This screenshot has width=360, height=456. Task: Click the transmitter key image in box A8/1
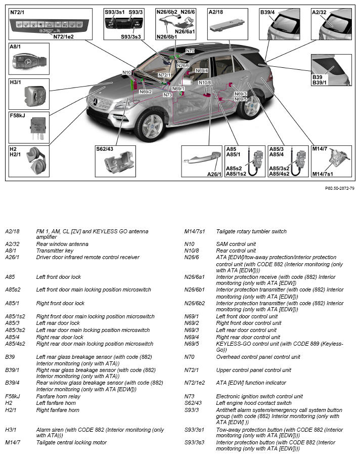click(29, 62)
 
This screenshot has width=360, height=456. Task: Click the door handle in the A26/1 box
click(202, 158)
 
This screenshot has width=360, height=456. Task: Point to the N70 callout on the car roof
click(190, 51)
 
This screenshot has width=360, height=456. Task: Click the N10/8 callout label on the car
click(205, 82)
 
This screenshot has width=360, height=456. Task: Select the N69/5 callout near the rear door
click(241, 99)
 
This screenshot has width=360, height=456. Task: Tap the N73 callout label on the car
click(168, 95)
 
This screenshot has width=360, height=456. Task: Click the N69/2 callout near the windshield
click(146, 92)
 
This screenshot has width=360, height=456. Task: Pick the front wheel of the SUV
click(151, 126)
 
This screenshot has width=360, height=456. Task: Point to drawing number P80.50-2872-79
click(340, 188)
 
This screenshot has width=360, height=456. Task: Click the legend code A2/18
click(12, 231)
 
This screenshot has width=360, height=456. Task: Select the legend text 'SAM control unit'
click(236, 244)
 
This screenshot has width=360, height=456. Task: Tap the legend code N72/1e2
click(194, 383)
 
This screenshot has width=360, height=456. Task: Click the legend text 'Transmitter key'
click(55, 251)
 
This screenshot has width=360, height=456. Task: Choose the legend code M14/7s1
click(194, 231)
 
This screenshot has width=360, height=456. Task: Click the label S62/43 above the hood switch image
click(105, 149)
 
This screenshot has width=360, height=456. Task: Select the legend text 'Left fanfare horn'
click(56, 403)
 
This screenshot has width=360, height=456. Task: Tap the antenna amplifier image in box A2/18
click(227, 26)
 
